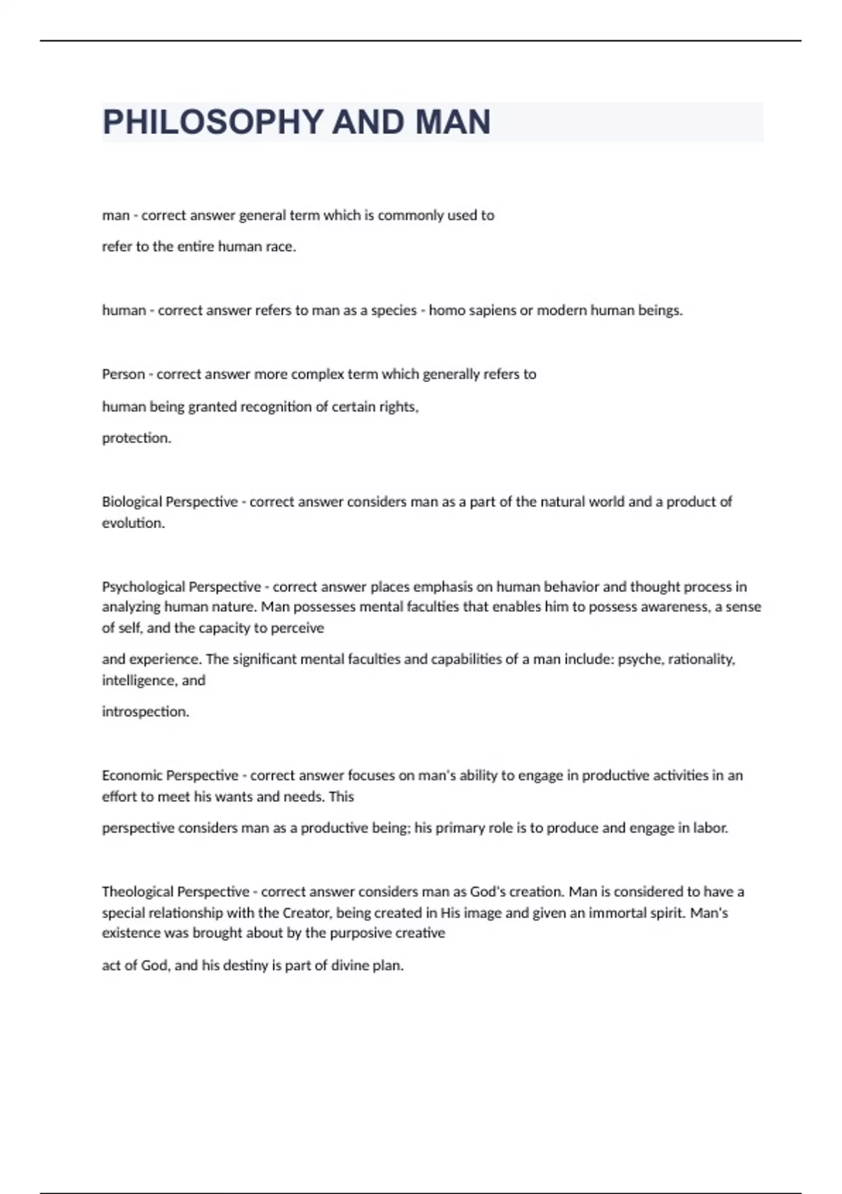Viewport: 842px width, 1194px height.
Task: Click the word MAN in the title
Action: pos(453,122)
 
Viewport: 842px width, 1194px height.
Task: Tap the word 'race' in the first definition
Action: pos(280,247)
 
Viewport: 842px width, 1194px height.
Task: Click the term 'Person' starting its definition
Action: pos(123,374)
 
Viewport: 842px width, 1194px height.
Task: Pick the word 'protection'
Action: pos(136,438)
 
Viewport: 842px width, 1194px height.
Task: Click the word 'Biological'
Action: pos(131,502)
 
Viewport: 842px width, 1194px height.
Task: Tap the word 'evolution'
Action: pos(133,523)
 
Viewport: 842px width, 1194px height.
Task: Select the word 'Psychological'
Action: pos(143,586)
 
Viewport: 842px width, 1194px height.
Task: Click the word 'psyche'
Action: pos(638,660)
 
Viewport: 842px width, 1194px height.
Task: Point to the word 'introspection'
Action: pos(145,711)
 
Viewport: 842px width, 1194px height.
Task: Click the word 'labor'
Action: pos(710,828)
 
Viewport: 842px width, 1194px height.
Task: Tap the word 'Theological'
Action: pos(137,892)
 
